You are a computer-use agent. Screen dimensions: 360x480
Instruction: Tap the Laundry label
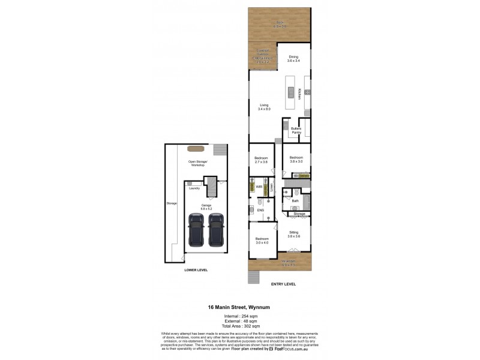[194, 188]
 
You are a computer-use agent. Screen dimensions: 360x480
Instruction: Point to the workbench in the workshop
[194, 148]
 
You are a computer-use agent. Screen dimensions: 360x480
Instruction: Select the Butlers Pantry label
[296, 130]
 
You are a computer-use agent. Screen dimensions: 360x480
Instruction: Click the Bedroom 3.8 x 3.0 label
[296, 159]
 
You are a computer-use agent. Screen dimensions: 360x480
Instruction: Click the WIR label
[260, 187]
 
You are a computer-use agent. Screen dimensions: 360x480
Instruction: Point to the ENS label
[260, 210]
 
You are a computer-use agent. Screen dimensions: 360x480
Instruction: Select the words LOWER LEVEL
[196, 271]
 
